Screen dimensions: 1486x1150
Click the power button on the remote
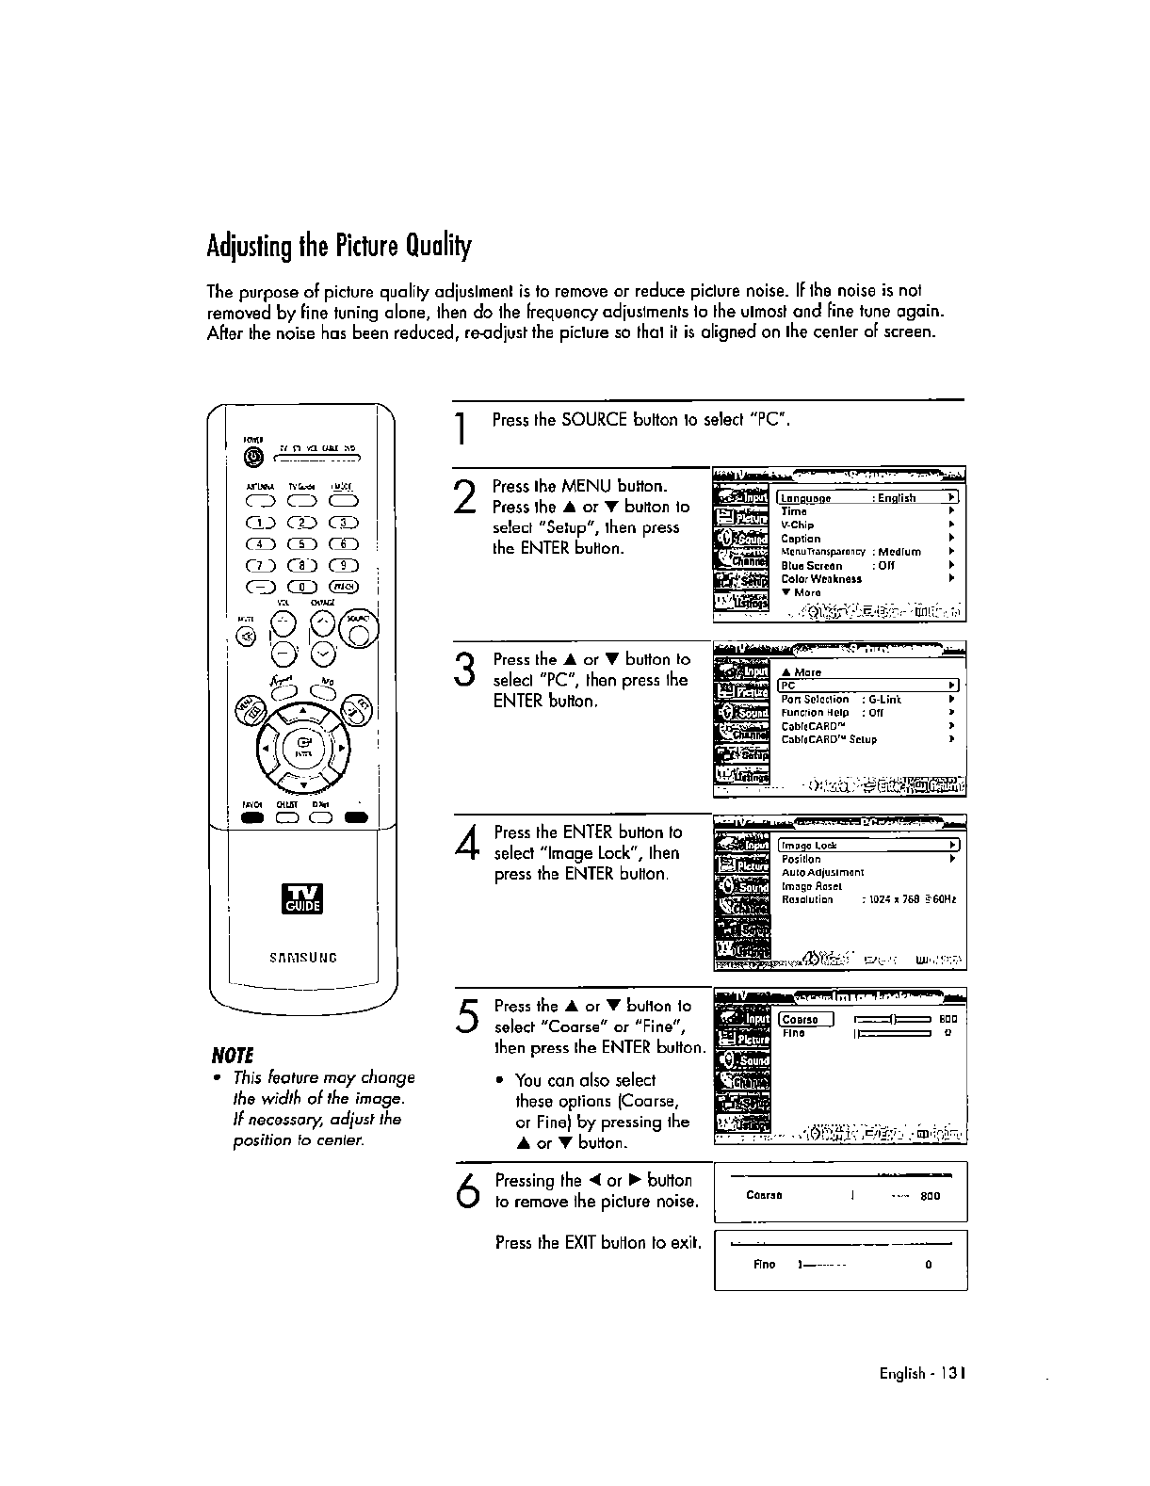[x=252, y=459]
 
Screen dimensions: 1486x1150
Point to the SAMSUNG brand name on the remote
[x=303, y=958]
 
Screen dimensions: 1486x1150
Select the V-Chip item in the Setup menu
[x=798, y=525]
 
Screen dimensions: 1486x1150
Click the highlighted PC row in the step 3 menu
[x=866, y=686]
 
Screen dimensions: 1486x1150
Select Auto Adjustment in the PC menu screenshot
[x=822, y=873]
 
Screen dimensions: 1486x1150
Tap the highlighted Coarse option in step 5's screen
[x=805, y=1020]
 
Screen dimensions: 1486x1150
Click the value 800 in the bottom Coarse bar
[x=930, y=1197]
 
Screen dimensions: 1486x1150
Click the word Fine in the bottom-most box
[x=764, y=1265]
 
